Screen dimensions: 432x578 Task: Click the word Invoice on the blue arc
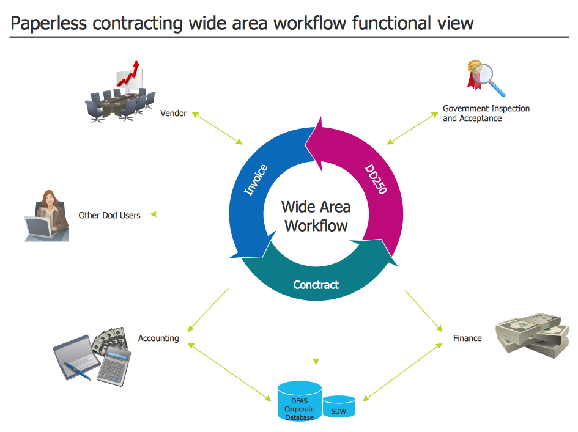pyautogui.click(x=256, y=180)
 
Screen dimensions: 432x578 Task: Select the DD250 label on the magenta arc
pyautogui.click(x=376, y=179)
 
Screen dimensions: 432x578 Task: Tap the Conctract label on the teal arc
pyautogui.click(x=316, y=285)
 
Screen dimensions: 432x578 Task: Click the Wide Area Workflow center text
pyautogui.click(x=316, y=216)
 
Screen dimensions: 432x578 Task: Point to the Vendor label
pyautogui.click(x=173, y=113)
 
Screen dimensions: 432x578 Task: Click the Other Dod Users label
pyautogui.click(x=109, y=215)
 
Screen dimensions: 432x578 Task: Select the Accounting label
pyautogui.click(x=158, y=338)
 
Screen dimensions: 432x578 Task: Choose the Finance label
pyautogui.click(x=467, y=338)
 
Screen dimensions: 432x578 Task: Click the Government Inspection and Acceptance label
pyautogui.click(x=486, y=113)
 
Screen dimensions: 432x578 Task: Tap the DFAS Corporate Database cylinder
pyautogui.click(x=299, y=403)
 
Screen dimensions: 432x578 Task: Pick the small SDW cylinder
pyautogui.click(x=338, y=408)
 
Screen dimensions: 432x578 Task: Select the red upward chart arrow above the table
pyautogui.click(x=130, y=73)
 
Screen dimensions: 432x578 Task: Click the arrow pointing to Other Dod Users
pyautogui.click(x=182, y=214)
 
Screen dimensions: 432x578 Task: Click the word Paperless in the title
pyautogui.click(x=50, y=23)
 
